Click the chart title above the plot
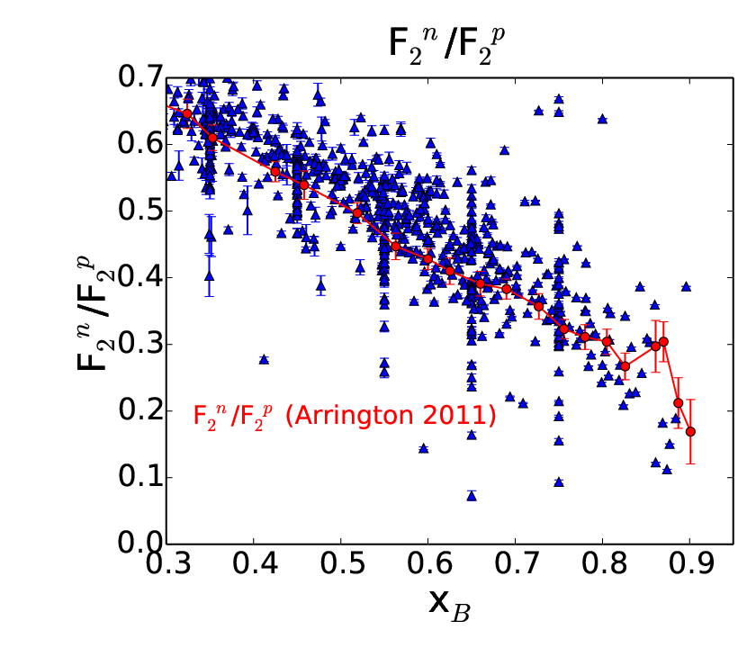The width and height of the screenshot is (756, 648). (446, 46)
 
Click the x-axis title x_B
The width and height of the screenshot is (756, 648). (449, 605)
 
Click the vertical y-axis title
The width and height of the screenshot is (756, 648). (95, 313)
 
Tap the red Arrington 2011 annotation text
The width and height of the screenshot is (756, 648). (344, 416)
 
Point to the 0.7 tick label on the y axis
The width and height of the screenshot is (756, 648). (140, 77)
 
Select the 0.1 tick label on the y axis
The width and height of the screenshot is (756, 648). (140, 477)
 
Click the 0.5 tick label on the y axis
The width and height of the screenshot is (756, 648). (140, 211)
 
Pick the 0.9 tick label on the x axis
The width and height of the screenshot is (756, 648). (690, 563)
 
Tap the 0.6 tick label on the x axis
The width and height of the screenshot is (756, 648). (428, 563)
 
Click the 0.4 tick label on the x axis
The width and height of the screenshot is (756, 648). (254, 563)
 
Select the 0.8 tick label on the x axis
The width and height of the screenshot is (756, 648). (603, 563)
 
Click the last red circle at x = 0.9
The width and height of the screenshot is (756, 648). (690, 431)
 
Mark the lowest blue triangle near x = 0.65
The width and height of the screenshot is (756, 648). (472, 496)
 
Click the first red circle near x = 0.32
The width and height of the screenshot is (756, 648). (187, 113)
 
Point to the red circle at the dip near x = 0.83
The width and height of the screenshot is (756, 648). (625, 366)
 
